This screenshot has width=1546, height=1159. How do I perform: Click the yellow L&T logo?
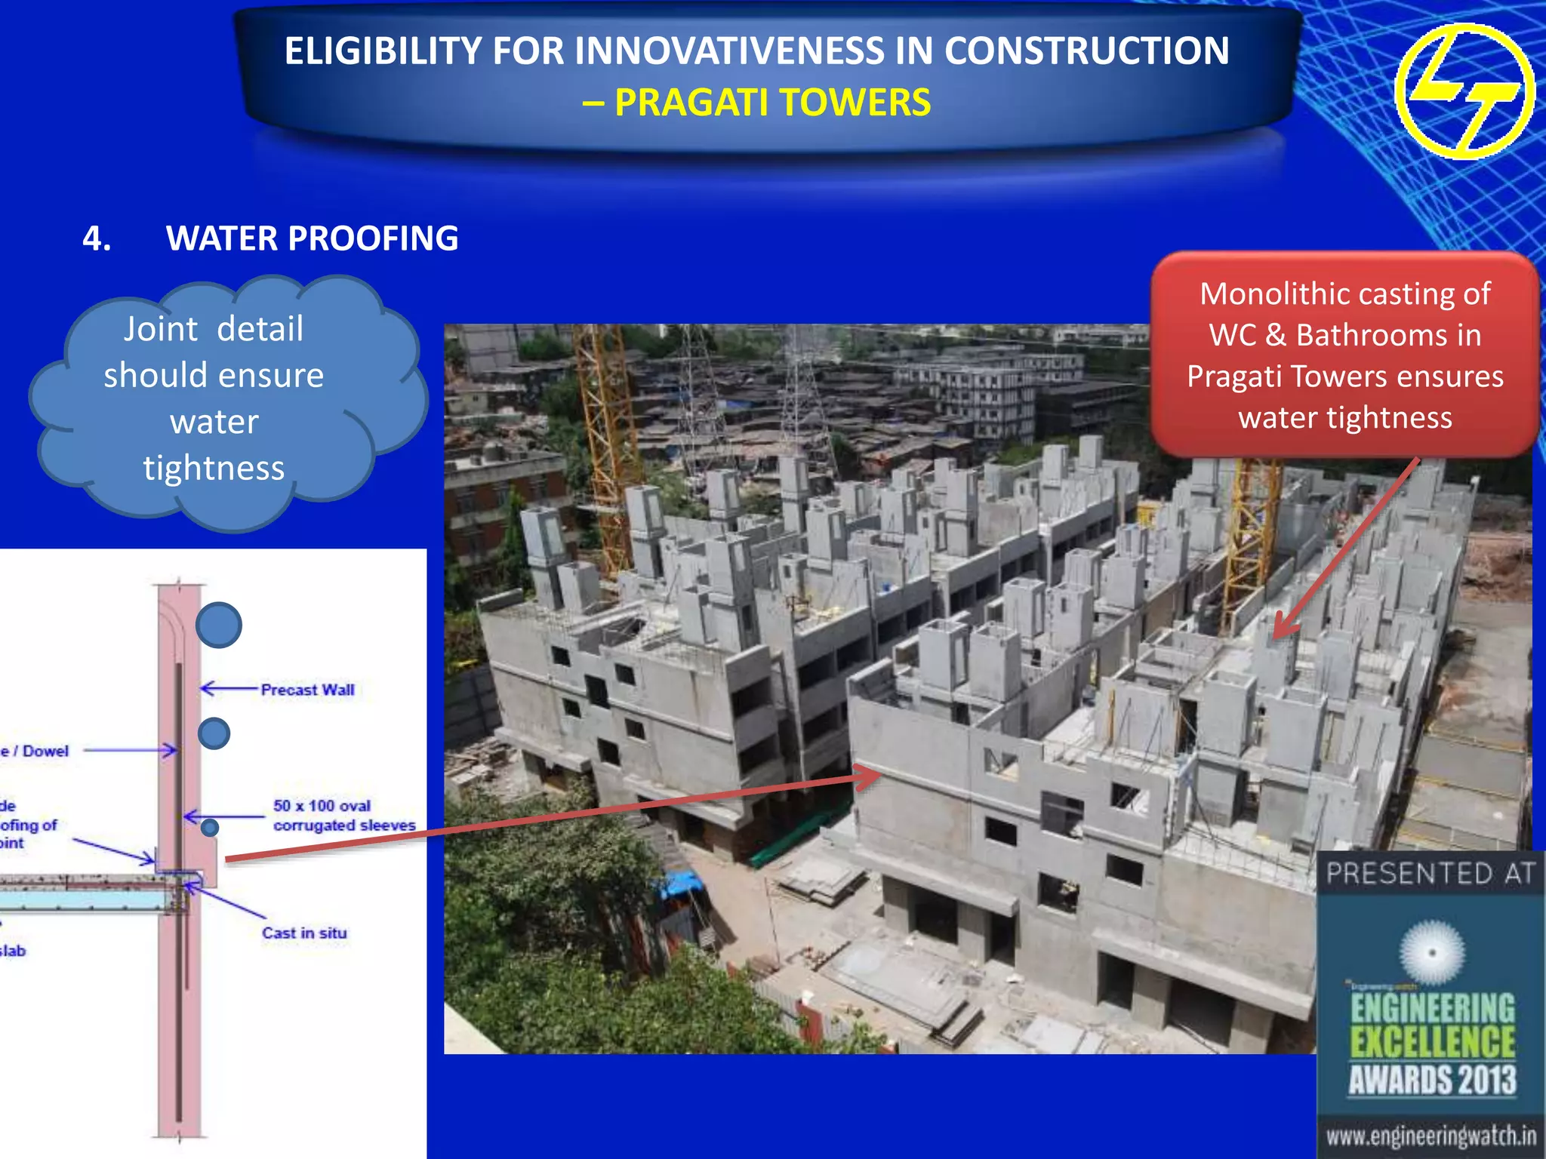(x=1464, y=91)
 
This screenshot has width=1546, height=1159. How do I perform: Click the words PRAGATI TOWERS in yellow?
(x=772, y=103)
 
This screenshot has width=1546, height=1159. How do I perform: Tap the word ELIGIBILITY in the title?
(x=381, y=51)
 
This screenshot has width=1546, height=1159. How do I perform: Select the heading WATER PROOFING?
(x=312, y=238)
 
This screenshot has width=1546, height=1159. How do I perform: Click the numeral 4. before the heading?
(x=97, y=238)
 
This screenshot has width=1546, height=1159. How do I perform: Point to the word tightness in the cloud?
(x=214, y=468)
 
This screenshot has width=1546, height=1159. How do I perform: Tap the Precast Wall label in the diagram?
(x=307, y=690)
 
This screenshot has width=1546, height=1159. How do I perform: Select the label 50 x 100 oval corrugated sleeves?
(x=343, y=816)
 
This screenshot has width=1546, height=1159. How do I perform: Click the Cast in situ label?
(x=304, y=933)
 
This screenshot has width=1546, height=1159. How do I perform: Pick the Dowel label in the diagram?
(x=45, y=751)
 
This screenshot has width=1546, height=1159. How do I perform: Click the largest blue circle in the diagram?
(x=219, y=625)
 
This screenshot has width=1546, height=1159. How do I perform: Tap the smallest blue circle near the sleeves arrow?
(x=210, y=828)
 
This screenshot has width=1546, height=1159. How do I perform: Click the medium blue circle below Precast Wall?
(x=214, y=733)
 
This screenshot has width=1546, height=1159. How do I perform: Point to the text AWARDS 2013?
(x=1432, y=1080)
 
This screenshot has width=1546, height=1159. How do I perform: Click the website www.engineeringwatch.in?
(x=1431, y=1136)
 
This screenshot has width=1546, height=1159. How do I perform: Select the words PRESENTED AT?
(x=1431, y=874)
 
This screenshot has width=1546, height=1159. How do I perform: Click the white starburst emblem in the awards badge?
(x=1431, y=952)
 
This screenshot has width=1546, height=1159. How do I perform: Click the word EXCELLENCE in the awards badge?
(x=1432, y=1043)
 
